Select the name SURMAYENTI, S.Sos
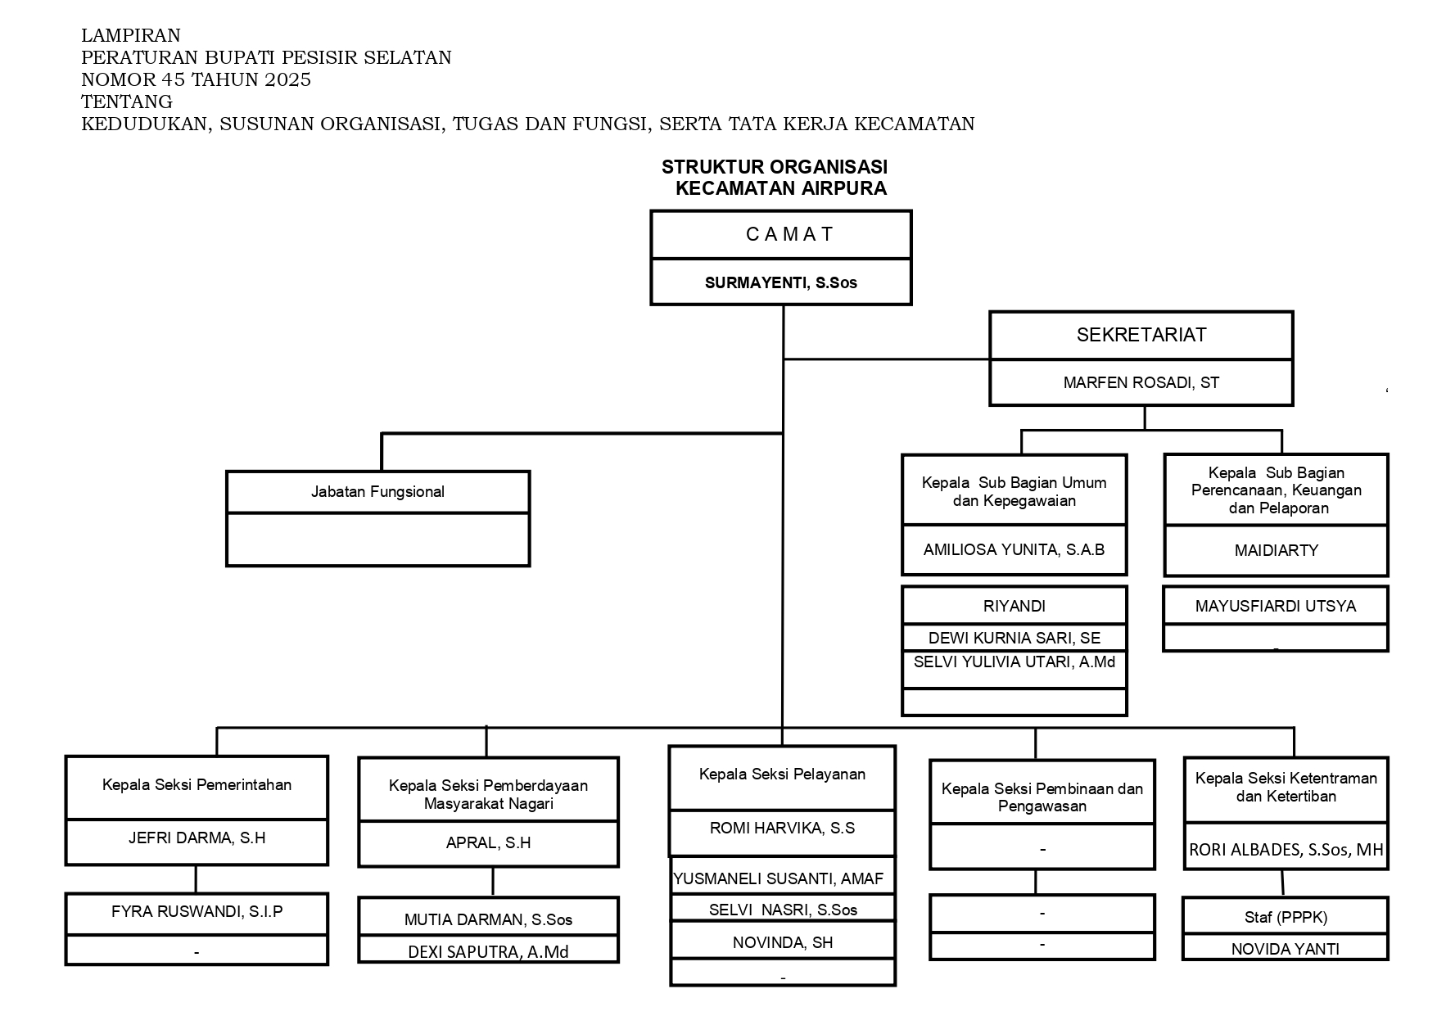click(x=780, y=283)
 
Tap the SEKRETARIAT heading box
click(x=1141, y=335)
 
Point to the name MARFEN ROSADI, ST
click(x=1141, y=382)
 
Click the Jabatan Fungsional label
click(x=377, y=492)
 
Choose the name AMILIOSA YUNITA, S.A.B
click(x=1014, y=550)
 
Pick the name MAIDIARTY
click(x=1276, y=551)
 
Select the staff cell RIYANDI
click(x=1014, y=607)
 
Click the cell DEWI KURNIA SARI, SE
click(x=1014, y=638)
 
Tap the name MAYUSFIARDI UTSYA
click(x=1275, y=607)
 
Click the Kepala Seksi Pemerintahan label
click(x=197, y=785)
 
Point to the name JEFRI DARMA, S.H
click(x=197, y=838)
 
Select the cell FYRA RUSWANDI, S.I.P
click(x=197, y=911)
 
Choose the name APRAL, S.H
click(x=488, y=842)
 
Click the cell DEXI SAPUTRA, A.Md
click(x=488, y=952)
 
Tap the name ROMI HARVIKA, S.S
click(x=782, y=829)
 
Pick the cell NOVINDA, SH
click(x=782, y=943)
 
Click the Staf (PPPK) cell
click(x=1285, y=918)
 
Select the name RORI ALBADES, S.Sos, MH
click(x=1286, y=850)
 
